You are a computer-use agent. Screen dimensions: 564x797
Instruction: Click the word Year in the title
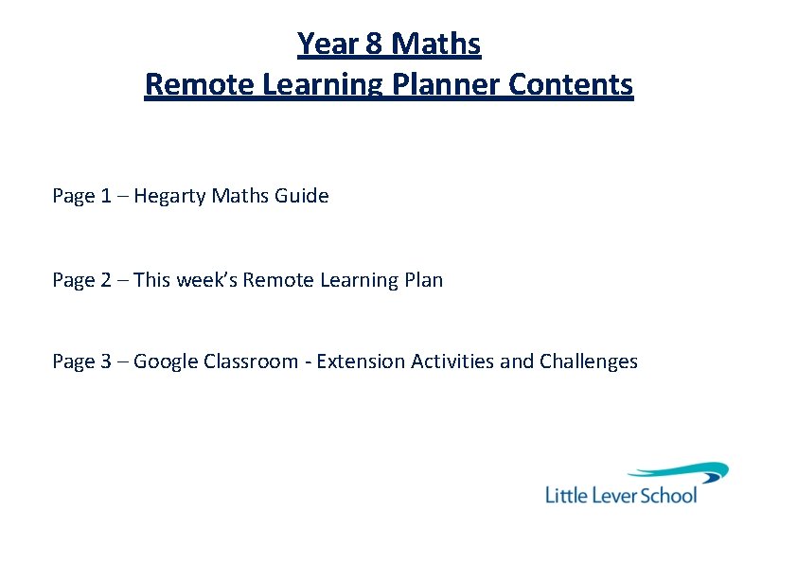pos(324,44)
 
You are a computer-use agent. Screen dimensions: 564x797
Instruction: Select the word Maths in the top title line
pos(435,44)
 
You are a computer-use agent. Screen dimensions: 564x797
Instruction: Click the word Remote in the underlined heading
pos(199,85)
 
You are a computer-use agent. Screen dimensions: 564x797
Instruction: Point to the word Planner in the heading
pos(446,85)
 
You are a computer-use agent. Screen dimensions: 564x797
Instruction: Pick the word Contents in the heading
pos(571,85)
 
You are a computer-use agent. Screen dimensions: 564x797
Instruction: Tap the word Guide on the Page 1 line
pos(302,197)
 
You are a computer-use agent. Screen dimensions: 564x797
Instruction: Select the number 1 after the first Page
pos(105,197)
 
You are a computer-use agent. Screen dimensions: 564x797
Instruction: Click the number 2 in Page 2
pos(105,280)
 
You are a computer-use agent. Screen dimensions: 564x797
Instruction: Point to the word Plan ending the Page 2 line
pos(423,280)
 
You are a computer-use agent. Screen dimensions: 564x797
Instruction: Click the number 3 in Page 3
pos(105,361)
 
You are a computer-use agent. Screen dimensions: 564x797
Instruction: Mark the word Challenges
pos(588,361)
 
